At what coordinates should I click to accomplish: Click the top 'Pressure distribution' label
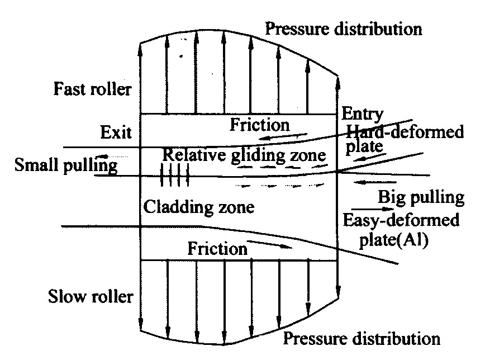pos(344,28)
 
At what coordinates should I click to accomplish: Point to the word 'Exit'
pos(116,133)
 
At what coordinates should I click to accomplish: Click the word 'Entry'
pos(362,114)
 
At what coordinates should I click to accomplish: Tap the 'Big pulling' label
pos(421,197)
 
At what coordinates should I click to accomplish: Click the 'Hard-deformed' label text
pos(405,132)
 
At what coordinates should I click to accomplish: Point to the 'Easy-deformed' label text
pos(401,220)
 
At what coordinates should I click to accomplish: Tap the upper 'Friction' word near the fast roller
pos(260,124)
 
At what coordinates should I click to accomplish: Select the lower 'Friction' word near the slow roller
pos(217,248)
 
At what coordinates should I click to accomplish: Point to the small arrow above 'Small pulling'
pos(106,156)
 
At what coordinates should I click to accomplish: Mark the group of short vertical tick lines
pos(175,175)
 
